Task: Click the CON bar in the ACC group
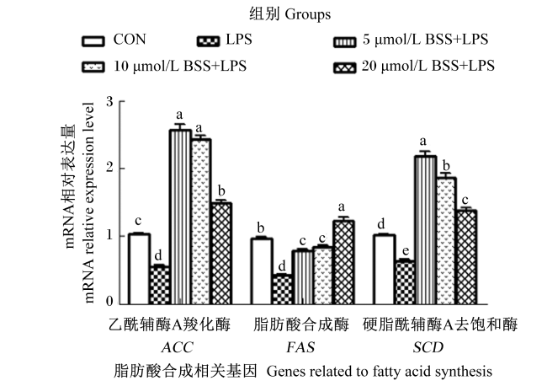[x=139, y=269]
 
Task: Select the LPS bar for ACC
[x=159, y=286]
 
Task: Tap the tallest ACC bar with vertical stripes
[x=180, y=217]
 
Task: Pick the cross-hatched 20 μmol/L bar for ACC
[x=221, y=254]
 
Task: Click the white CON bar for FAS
[x=262, y=271]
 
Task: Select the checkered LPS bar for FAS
[x=282, y=290]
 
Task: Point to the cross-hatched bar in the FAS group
[x=343, y=262]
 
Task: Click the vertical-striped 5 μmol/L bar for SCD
[x=426, y=230]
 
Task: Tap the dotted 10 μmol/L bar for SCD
[x=446, y=241]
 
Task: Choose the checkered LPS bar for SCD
[x=405, y=282]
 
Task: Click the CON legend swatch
[x=93, y=41]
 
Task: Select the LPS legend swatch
[x=208, y=41]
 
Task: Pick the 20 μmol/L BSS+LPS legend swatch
[x=345, y=67]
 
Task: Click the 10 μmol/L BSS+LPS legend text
[x=180, y=66]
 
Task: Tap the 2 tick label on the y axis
[x=110, y=168]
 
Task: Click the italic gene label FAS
[x=300, y=347]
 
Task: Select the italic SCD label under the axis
[x=428, y=347]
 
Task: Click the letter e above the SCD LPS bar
[x=406, y=251]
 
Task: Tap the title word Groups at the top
[x=308, y=15]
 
